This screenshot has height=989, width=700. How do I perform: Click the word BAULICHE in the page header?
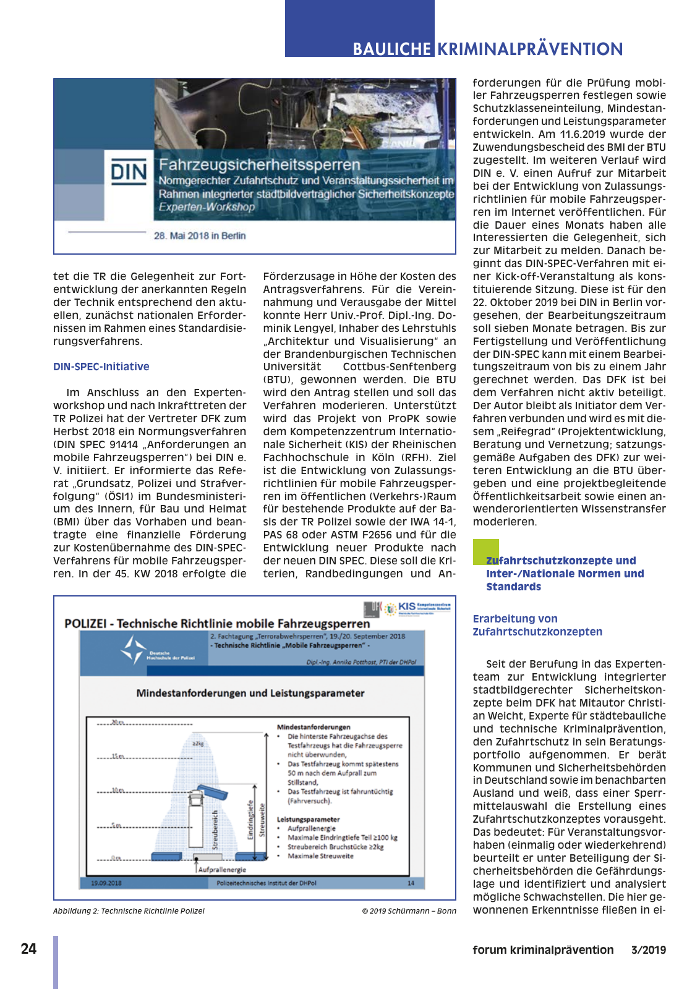391,49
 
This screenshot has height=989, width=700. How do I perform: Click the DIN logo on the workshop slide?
129,171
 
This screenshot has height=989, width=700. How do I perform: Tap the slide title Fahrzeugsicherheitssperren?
259,165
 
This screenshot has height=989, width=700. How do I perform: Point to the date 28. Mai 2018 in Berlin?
200,236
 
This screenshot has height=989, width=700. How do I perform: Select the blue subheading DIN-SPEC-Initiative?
101,367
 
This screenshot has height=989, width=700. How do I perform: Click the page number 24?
28,949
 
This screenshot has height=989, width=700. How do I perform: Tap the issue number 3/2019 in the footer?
648,950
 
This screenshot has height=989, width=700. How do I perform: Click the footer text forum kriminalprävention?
543,950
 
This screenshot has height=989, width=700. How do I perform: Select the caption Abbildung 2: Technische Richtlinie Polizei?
129,910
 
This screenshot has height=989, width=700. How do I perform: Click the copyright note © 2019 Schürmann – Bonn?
409,910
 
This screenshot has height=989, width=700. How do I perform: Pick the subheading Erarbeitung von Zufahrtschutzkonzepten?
537,625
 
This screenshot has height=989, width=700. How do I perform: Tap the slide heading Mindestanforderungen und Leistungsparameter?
250,693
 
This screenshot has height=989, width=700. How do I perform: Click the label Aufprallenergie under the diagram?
222,869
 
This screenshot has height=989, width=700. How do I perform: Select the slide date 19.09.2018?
106,883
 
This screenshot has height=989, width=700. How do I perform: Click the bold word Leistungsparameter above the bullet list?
308,819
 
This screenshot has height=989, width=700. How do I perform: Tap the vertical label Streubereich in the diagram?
215,830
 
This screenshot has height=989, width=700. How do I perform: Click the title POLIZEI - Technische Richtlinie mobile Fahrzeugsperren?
217,623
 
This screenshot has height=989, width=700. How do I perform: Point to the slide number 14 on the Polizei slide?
411,883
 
